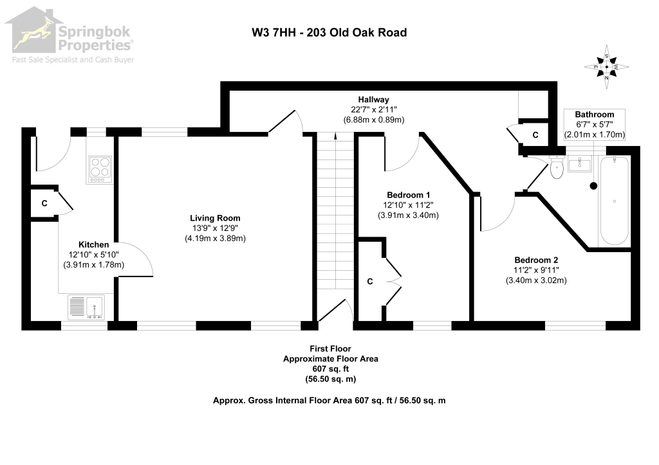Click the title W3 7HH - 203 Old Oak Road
coord(329,32)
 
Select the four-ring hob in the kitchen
coord(99,168)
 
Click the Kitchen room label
coord(93,245)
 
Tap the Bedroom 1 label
coord(408,195)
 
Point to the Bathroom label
coord(594,114)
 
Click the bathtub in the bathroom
coord(615,201)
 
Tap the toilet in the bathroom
coord(557,169)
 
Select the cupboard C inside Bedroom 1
coord(371,281)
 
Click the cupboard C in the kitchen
coord(44,203)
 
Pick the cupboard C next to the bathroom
coord(535,134)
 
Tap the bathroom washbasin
coord(580,163)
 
